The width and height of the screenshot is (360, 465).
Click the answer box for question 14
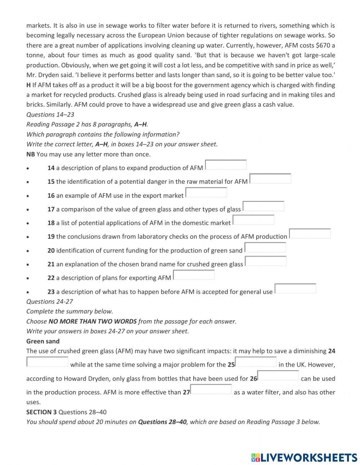coord(226,165)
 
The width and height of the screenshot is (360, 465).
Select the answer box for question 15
coord(270,179)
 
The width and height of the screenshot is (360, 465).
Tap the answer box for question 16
coord(206,192)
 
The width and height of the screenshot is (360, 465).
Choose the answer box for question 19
coord(310,234)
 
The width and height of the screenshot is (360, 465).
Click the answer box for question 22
coord(194,275)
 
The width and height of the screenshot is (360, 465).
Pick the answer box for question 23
coord(295,289)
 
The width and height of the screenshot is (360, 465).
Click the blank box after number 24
coord(47,362)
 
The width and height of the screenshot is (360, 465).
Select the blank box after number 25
coord(256,362)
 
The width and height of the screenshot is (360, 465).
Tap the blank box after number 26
coord(278,376)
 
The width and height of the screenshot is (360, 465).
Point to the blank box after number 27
coord(211,389)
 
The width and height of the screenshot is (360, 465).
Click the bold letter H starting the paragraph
coord(28,85)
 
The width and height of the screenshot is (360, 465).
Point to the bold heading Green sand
coord(43,341)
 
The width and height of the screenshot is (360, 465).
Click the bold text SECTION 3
coord(41,412)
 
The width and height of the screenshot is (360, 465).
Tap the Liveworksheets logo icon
coord(256,457)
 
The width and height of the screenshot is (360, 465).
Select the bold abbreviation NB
coord(31,154)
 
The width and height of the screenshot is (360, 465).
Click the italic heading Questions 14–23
coord(50,115)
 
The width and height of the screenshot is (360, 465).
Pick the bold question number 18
coord(51,223)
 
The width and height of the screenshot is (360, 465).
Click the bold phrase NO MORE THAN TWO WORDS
coord(93,321)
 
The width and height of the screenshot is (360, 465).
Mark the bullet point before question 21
coord(28,264)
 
